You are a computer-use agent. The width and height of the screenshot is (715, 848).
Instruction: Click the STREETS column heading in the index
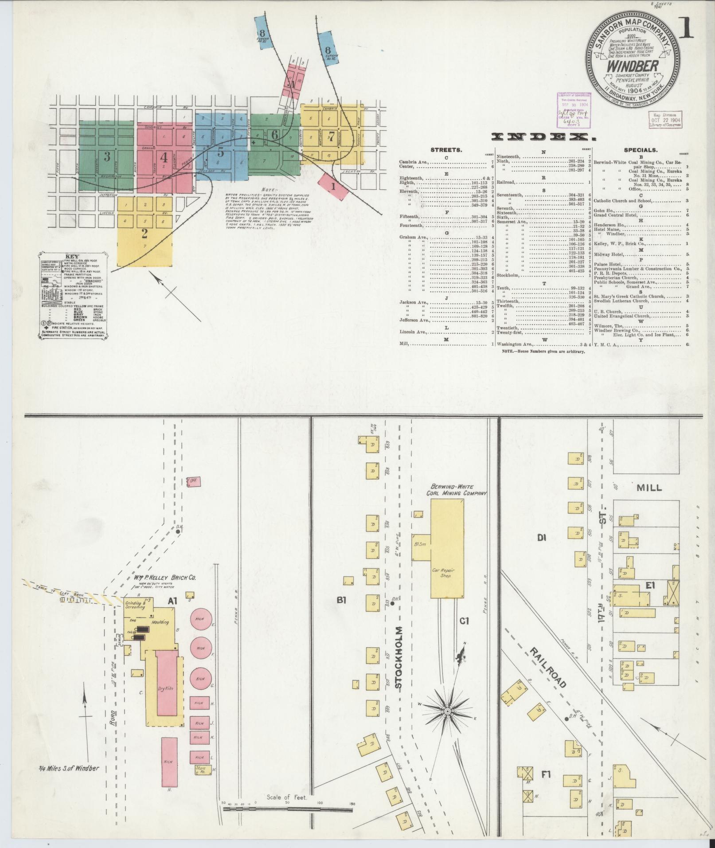[446, 150]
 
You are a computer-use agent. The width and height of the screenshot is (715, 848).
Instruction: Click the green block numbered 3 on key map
[107, 156]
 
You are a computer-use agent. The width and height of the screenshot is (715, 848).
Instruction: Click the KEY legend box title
[72, 257]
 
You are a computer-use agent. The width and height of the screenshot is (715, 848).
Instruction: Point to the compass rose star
[448, 700]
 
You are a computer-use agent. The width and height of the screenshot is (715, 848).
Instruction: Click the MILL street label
[649, 488]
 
